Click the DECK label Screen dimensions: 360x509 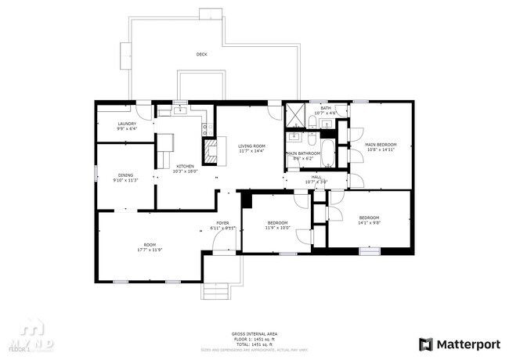pos(201,55)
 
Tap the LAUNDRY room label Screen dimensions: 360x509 pos(127,124)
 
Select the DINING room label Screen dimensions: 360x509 pos(125,175)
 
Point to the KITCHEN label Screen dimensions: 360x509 pos(185,166)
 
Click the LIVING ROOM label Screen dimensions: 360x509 pos(252,146)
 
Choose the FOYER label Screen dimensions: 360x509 pos(223,223)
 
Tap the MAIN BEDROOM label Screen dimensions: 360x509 pos(381,145)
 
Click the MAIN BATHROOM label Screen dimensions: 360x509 pos(303,153)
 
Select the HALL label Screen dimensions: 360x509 pos(316,178)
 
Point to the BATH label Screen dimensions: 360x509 pos(325,108)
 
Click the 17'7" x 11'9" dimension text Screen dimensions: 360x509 pos(149,250)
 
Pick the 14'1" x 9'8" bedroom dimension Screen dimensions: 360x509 pos(369,222)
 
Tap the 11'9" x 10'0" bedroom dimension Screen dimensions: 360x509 pos(277,228)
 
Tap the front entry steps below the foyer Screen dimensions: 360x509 pos(215,290)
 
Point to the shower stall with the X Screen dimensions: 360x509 pos(297,113)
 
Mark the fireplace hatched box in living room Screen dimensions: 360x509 pos(210,149)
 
